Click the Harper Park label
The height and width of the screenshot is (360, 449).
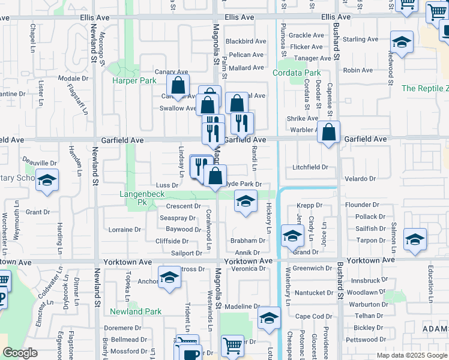coord(134,80)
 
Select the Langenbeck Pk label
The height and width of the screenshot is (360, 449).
coord(142,199)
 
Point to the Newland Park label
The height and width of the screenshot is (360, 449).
coord(136,311)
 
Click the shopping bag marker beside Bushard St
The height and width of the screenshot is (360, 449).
coord(329,133)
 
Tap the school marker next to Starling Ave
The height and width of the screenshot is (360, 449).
coord(401,43)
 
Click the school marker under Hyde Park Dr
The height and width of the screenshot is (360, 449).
coord(245,202)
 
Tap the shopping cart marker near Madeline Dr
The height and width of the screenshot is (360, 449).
coord(232,346)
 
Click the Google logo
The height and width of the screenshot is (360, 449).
coord(20,353)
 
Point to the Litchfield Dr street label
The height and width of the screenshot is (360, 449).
coord(310,167)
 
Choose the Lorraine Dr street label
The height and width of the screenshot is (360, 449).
coord(125,229)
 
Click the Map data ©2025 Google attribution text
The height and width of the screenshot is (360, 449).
coord(412,355)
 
